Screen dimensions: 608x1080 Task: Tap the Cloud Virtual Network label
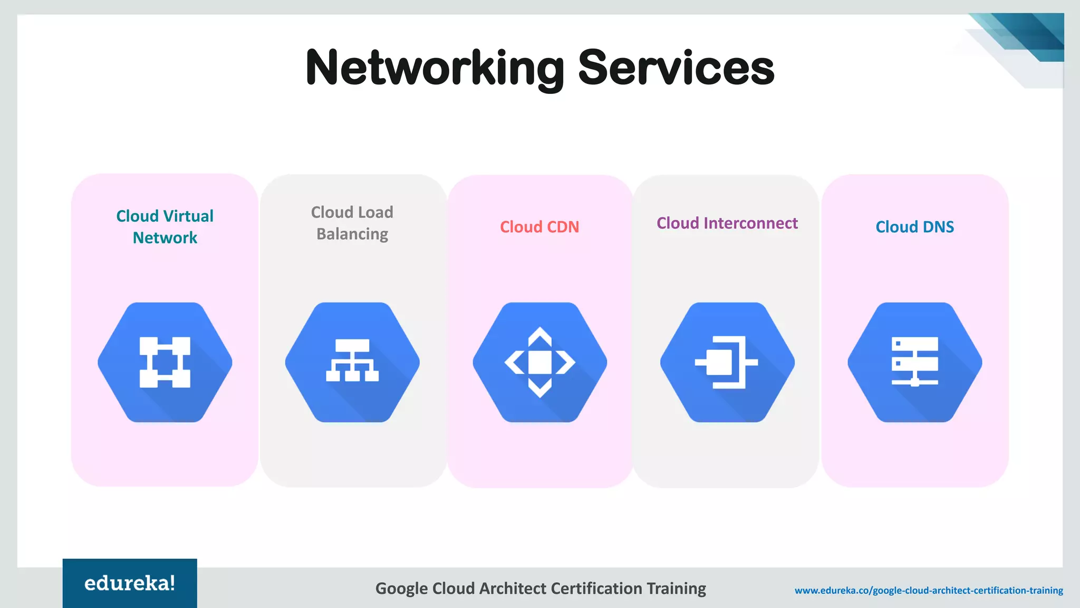(165, 226)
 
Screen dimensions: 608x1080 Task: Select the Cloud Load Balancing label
(352, 223)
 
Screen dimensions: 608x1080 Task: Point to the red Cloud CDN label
(539, 227)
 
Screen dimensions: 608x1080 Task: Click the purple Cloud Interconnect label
(727, 223)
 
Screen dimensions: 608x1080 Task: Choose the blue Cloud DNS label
(915, 227)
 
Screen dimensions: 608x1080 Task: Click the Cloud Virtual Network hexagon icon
(165, 362)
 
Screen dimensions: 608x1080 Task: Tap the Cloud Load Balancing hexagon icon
(352, 362)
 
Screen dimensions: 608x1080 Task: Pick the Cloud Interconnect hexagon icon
(727, 362)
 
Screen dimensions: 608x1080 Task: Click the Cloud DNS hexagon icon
(915, 362)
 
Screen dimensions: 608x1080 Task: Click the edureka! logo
(130, 583)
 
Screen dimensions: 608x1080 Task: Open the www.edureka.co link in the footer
(929, 590)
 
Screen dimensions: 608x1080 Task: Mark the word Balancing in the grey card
(352, 234)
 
